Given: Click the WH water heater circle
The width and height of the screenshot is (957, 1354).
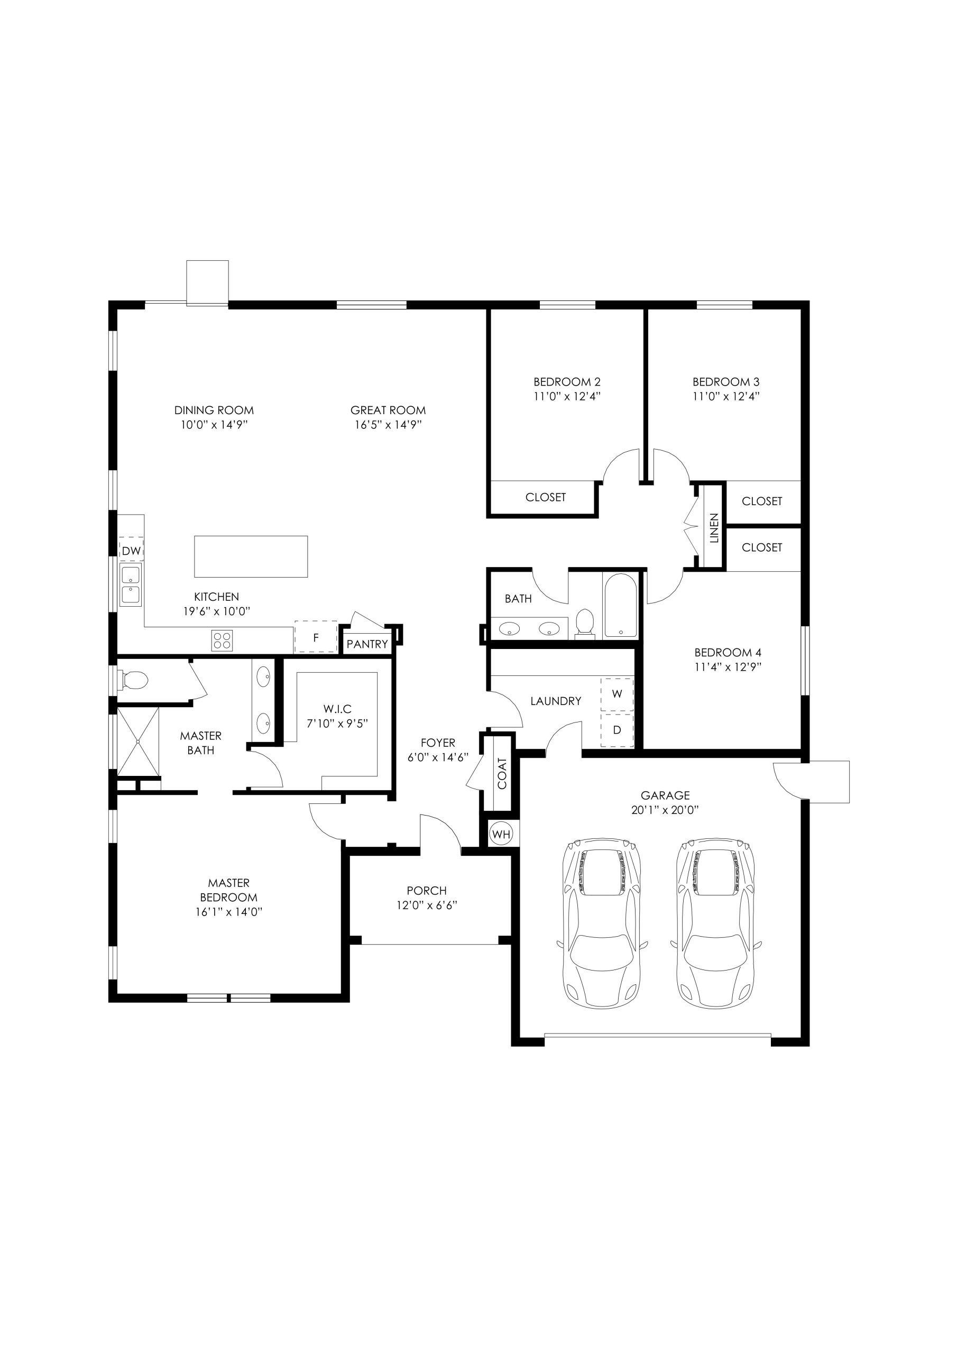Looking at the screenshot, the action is (501, 834).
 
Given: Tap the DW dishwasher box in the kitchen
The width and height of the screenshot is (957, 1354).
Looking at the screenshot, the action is (132, 550).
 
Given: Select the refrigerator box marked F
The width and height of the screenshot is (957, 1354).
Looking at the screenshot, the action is (316, 636).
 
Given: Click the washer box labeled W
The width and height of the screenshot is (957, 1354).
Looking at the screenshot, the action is (617, 693).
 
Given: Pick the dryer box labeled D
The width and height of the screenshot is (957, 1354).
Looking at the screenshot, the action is (617, 730).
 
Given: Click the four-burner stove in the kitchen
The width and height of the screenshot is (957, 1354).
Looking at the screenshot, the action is (222, 640).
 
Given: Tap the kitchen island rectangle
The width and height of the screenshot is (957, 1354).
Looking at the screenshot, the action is (251, 556).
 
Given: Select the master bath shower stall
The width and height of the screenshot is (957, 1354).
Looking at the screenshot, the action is (139, 742).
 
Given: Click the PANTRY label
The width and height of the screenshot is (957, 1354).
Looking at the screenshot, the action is (367, 644).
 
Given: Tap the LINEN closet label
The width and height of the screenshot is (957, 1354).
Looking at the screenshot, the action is (714, 528).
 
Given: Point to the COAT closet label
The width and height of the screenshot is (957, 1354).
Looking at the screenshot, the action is (502, 774).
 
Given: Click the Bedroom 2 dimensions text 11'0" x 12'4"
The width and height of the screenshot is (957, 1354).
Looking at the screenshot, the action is (567, 396).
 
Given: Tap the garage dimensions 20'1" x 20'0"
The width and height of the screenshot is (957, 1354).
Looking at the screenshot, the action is (665, 810).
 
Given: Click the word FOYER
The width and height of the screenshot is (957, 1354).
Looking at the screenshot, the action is (437, 743).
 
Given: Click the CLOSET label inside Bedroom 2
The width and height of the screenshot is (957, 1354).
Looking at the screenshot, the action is (546, 497).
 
